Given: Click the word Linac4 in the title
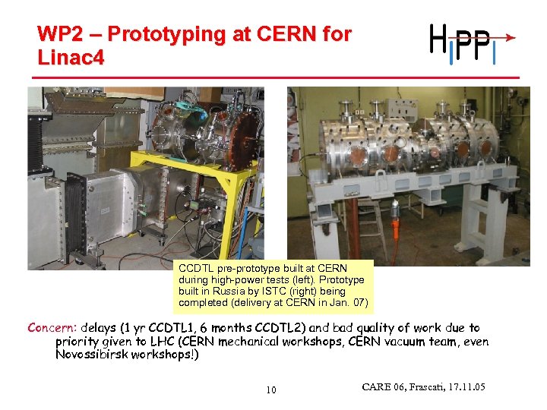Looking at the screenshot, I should (x=71, y=57).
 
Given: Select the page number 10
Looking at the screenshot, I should (x=271, y=390).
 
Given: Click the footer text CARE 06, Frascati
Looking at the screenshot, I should (x=423, y=388).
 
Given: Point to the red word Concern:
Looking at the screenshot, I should (x=52, y=328).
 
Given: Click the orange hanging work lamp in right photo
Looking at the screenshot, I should (x=394, y=208).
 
